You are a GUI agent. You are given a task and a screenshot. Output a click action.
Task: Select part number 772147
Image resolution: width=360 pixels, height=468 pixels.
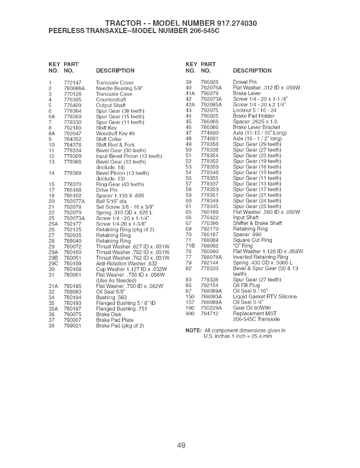tap(72, 83)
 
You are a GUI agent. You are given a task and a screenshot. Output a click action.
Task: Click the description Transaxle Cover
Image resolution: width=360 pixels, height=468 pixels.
tap(115, 83)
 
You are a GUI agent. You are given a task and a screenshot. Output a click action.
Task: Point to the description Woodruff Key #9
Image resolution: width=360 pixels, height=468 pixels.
tap(116, 134)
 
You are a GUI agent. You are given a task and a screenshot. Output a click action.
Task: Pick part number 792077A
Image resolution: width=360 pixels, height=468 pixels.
tap(74, 201)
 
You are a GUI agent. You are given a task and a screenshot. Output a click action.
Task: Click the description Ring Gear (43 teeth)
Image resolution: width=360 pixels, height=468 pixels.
tap(120, 184)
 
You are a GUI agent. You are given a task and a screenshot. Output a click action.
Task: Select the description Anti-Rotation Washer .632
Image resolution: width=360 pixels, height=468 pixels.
tap(127, 263)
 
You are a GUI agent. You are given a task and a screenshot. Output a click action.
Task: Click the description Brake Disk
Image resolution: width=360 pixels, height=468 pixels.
tap(109, 314)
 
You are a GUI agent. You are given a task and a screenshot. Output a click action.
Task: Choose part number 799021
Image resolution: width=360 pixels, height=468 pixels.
tap(72, 326)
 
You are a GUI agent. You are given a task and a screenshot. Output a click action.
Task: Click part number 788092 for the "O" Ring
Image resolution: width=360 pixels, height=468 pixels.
tap(210, 246)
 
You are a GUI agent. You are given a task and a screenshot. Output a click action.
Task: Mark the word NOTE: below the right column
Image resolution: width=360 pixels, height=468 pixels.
tap(193, 331)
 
